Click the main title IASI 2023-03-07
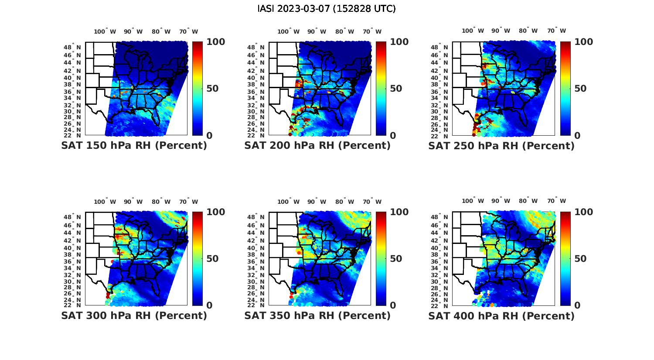point(327,9)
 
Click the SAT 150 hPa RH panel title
point(134,145)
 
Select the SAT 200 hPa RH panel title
point(317,145)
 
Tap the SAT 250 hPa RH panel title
point(501,145)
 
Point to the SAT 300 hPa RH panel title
point(134,315)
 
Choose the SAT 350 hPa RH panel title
point(317,315)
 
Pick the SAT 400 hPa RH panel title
point(501,315)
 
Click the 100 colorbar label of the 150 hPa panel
point(215,42)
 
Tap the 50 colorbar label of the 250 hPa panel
point(580,89)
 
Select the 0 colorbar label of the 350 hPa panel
point(393,305)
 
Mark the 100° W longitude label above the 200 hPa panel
point(288,31)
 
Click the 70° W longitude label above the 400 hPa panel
point(556,201)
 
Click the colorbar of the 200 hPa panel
point(381,89)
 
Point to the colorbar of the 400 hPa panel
point(565,258)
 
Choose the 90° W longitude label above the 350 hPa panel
point(317,202)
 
